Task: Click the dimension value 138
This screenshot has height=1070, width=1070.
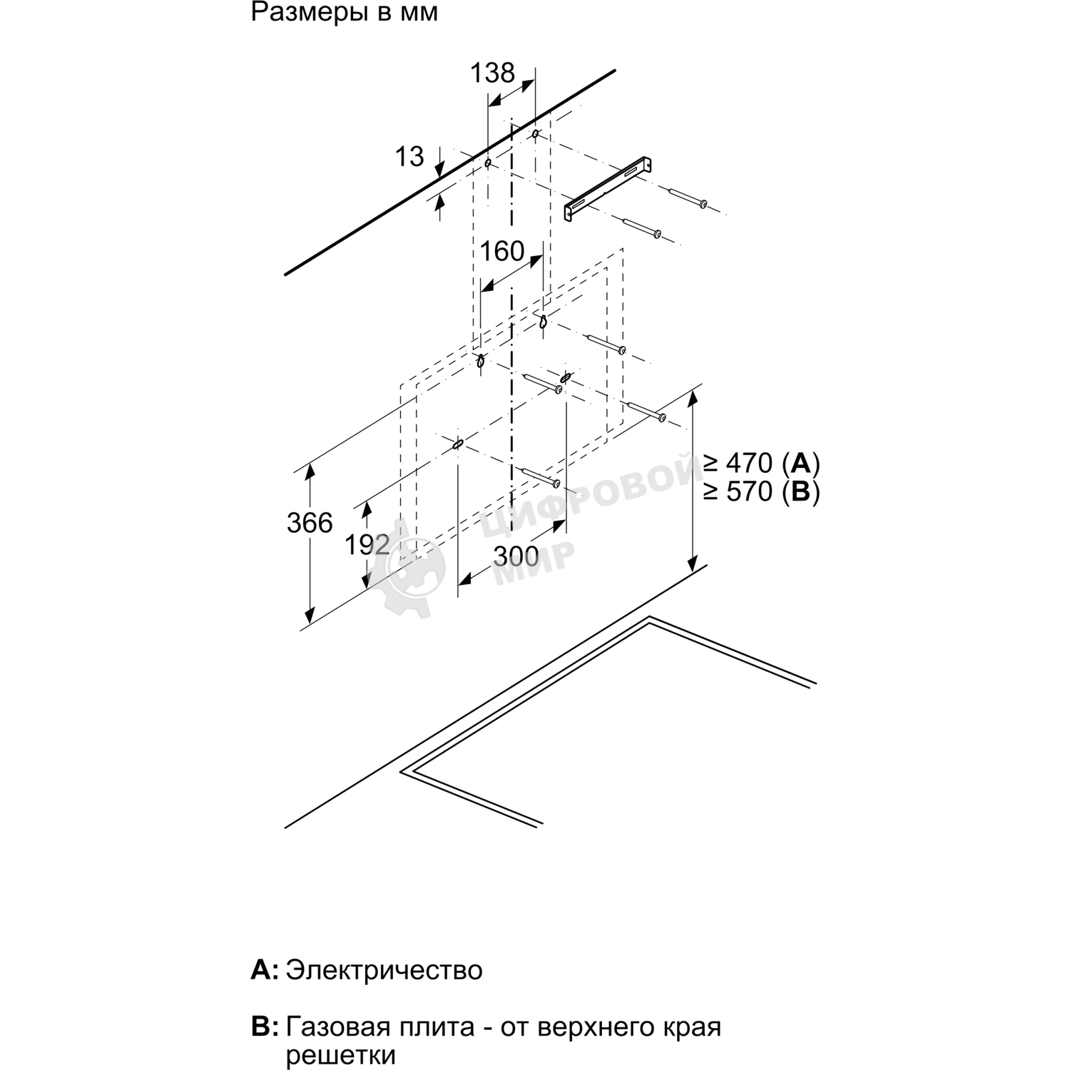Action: coord(492,73)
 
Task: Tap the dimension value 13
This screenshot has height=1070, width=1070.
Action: coord(409,157)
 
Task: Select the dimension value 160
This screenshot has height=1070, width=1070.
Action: coord(502,252)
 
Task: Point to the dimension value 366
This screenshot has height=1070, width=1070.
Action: coord(310,524)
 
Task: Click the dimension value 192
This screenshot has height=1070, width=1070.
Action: coord(367,545)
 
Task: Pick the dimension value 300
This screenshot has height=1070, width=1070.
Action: coord(516,556)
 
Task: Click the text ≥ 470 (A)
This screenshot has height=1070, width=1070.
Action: coord(761,464)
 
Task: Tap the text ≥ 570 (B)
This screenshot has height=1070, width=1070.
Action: coord(761,491)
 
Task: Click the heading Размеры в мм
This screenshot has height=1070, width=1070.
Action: coord(345,13)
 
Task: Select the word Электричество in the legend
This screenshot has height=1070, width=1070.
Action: coord(384,970)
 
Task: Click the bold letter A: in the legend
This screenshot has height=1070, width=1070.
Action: coord(265,970)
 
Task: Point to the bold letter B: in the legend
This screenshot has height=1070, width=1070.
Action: coord(265,1028)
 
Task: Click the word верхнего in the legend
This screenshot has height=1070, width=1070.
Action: coord(589,1028)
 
